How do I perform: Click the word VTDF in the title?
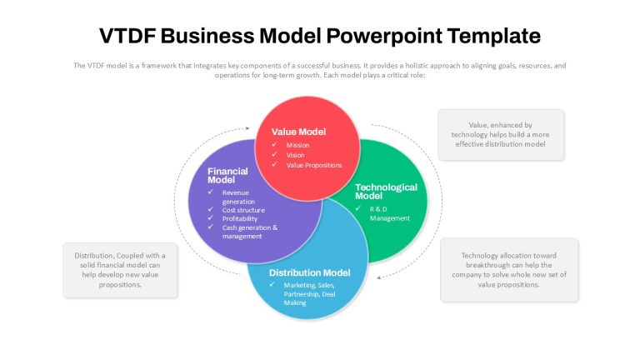coord(127,36)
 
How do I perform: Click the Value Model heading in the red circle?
coord(299,132)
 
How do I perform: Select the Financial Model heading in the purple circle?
coord(227,176)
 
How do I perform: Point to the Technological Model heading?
coord(386,192)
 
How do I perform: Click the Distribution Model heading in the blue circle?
coord(309,272)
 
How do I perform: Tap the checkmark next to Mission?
coord(275,144)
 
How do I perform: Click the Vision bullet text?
coord(295,155)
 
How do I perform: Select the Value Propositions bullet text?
coord(314,165)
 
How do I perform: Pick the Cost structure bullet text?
coord(243,210)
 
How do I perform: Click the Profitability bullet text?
coord(240,219)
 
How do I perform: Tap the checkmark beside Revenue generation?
coord(211,192)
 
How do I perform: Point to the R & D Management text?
coord(390,213)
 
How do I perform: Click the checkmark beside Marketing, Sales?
coord(272,284)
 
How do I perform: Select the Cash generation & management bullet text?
coord(250,232)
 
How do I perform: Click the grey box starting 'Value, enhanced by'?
coord(501,135)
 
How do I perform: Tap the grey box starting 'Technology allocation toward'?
coord(509,270)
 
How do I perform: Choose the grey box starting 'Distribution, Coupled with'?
coord(120,270)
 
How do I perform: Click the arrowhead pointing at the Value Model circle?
coord(247,128)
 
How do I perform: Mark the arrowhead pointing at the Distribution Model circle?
coord(379,277)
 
